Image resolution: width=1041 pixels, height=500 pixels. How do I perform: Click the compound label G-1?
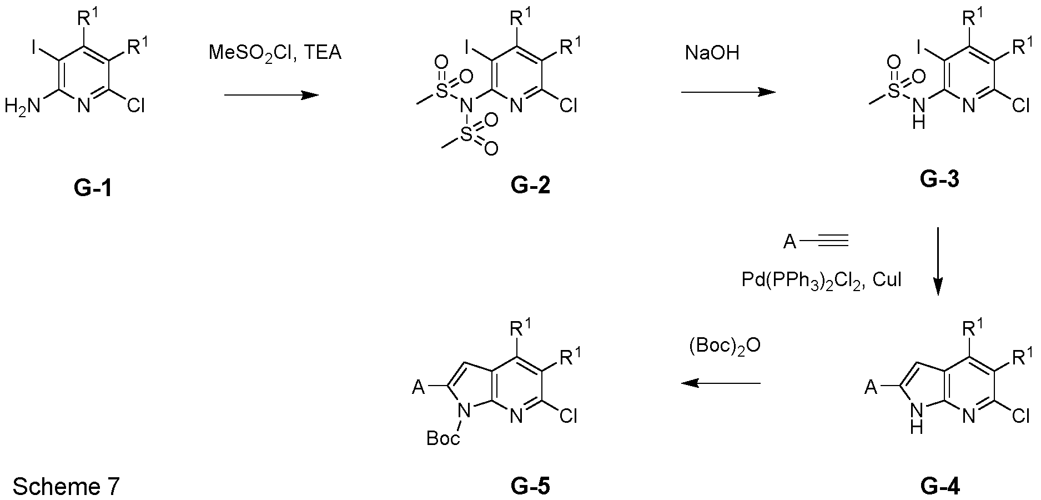(93, 189)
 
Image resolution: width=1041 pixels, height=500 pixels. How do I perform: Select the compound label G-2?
(531, 185)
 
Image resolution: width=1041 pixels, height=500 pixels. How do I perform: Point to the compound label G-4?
(939, 487)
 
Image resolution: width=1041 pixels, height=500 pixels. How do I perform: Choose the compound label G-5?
(531, 487)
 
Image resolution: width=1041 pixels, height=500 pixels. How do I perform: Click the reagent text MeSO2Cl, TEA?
(275, 53)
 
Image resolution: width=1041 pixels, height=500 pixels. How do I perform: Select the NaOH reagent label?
(712, 53)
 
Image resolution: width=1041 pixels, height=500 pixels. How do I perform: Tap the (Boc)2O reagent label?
(725, 346)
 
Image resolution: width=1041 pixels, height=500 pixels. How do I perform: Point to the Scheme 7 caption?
(66, 487)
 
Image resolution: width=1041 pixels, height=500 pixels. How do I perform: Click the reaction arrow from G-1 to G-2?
(271, 95)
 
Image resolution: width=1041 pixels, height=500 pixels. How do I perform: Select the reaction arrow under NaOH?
(728, 92)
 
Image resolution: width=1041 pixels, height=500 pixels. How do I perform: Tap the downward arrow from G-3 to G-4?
(938, 261)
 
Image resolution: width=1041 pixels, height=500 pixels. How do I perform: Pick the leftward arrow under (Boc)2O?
(721, 383)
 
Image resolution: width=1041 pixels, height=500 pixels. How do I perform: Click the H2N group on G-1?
(23, 106)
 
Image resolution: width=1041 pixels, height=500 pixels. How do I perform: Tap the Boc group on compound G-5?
(443, 439)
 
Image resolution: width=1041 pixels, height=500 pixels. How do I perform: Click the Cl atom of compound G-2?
(567, 106)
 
